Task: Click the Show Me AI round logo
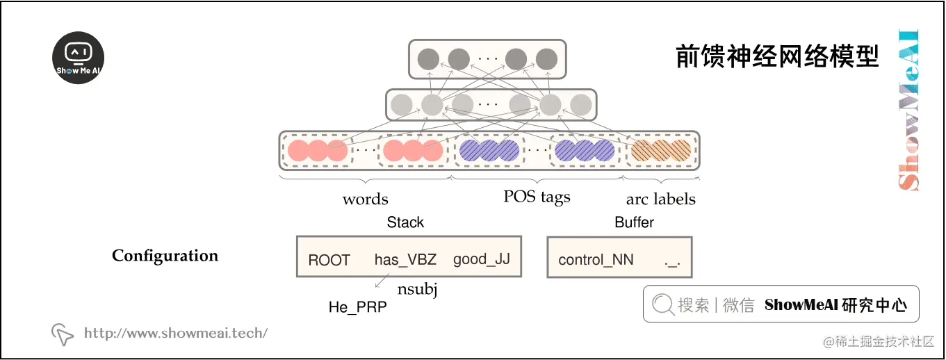coord(79,58)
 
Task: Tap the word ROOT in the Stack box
coord(329,261)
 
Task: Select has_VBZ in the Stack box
coord(405,260)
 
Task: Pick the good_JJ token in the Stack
coord(481,259)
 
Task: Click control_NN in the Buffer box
coord(596,261)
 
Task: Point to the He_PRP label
coord(357,307)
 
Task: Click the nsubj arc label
coord(417,289)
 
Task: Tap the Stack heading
coord(405,222)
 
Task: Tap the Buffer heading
coord(634,222)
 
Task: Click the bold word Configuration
coord(165,256)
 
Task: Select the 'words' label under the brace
coord(365,199)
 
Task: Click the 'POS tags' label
coord(537,197)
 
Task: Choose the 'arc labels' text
coord(660,199)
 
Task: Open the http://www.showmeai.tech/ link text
coord(175,333)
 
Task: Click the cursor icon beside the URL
coord(63,334)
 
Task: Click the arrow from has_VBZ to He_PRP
coord(381,281)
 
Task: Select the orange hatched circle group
coord(661,151)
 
